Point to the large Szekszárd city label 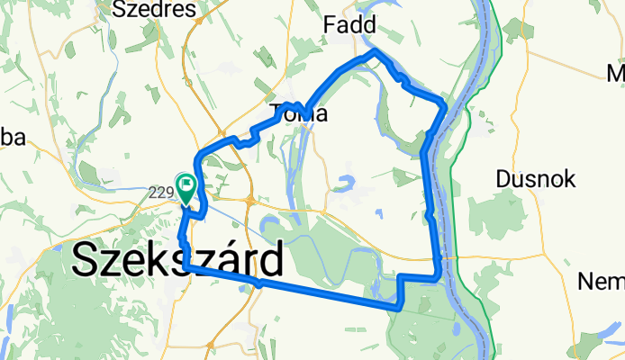176,261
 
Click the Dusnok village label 536,179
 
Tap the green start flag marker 186,188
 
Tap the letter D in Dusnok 503,179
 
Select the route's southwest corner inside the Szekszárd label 186,267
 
